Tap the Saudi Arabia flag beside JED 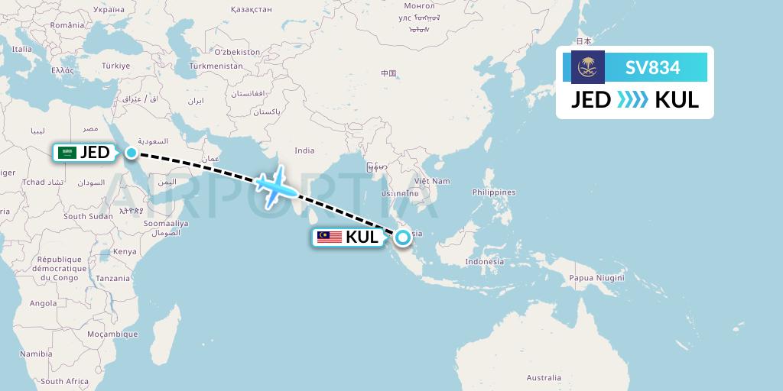coord(67,153)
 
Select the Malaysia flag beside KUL coord(330,237)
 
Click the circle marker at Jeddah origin coord(132,153)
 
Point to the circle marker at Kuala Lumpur coord(401,237)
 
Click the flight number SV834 coord(652,67)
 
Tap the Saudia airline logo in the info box coord(588,67)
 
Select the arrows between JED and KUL coord(632,100)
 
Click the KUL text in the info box coord(677,100)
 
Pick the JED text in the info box coord(591,100)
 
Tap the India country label coord(304,150)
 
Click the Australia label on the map coord(544,377)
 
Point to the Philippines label coord(494,192)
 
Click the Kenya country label coord(125,251)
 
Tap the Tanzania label coord(113,279)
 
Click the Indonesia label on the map coord(484,261)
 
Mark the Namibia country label coord(36,354)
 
